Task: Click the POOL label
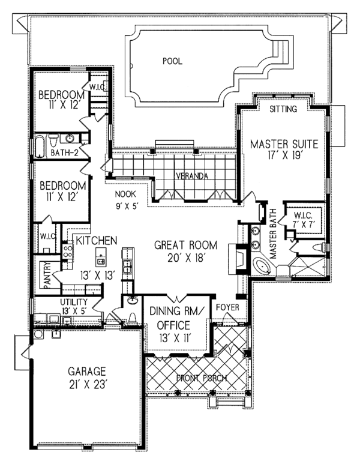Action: [172, 61]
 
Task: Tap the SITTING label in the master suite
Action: [283, 109]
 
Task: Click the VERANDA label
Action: [191, 176]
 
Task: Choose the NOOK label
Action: [127, 194]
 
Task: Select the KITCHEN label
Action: [95, 240]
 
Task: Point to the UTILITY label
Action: [74, 301]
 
